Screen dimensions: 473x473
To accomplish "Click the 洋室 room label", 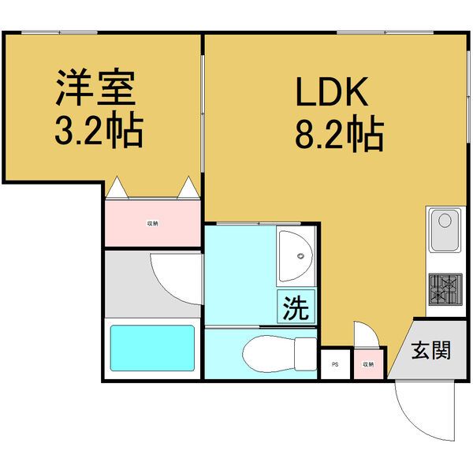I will pos(96,88).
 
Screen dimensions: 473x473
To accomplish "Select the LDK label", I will pos(332,94).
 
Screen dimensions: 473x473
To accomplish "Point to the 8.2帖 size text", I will pos(339,135).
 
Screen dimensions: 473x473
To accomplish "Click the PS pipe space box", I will pos(335,364).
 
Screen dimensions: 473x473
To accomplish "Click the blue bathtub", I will pos(152,347).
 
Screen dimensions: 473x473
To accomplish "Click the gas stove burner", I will pos(445,288).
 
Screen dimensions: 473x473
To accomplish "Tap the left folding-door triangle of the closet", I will pos(116,188).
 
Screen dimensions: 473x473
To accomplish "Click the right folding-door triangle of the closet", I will pos(189,188).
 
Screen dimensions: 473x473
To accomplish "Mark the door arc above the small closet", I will pos(367,333).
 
